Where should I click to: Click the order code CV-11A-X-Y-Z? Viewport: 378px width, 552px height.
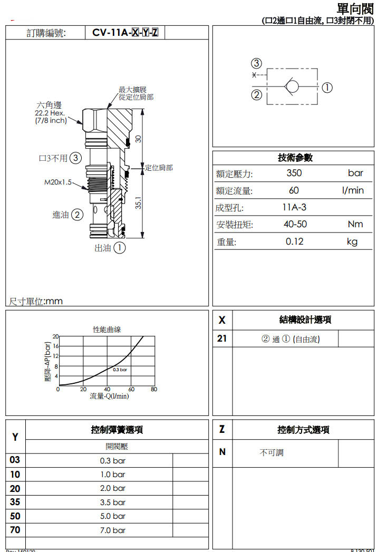tap(125, 33)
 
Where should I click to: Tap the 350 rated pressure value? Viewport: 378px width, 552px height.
tap(294, 173)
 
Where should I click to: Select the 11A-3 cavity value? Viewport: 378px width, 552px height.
tap(294, 207)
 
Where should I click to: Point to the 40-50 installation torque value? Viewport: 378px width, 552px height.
tap(295, 224)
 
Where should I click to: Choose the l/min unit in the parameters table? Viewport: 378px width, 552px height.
tap(353, 190)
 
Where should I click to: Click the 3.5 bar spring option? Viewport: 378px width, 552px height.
tap(113, 502)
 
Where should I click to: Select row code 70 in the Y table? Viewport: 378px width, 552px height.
tap(15, 530)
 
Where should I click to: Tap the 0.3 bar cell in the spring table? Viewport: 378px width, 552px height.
tap(113, 460)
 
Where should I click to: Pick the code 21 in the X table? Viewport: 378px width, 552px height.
tap(222, 338)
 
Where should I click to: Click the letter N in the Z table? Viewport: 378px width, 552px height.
tap(222, 452)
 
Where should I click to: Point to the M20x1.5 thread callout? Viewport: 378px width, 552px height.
tap(57, 182)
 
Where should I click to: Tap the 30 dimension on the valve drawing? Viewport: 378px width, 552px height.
tap(138, 139)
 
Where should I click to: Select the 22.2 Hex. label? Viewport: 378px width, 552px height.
tap(50, 113)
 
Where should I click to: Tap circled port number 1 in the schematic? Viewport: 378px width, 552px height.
tap(327, 88)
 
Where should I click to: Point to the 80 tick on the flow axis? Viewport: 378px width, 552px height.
tap(153, 390)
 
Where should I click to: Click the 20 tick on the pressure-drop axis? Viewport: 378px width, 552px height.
tap(55, 336)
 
